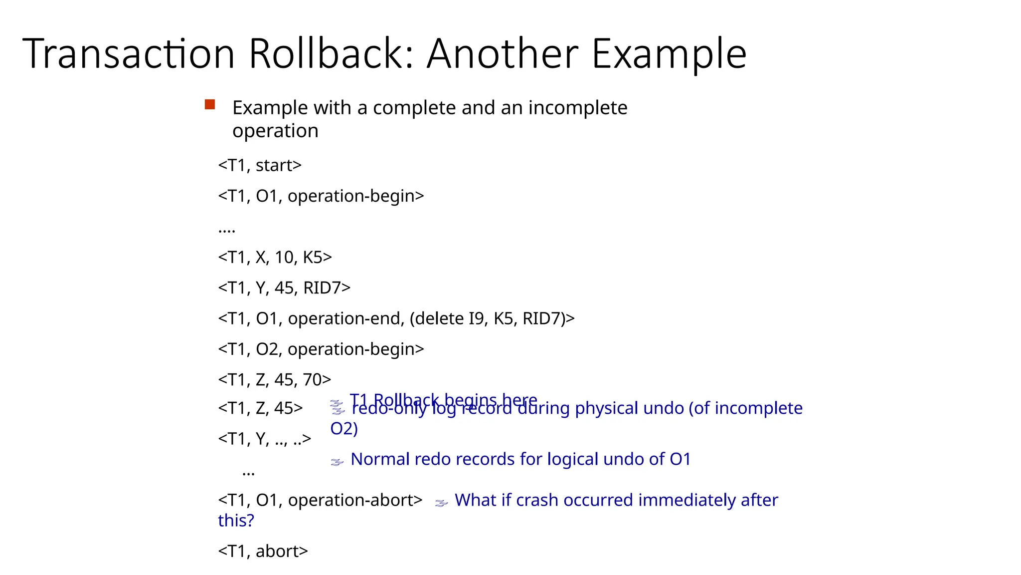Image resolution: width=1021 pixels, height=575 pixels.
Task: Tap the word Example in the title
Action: [669, 54]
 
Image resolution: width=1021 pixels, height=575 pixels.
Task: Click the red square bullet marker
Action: [210, 105]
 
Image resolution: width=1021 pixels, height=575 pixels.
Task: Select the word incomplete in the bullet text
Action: [578, 108]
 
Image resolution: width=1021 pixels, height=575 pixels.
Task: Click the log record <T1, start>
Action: [260, 165]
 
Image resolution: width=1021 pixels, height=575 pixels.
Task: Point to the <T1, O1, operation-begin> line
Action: [321, 196]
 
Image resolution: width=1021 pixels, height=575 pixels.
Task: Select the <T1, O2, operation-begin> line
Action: [321, 349]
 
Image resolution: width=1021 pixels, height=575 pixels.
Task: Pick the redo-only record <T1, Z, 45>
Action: [260, 408]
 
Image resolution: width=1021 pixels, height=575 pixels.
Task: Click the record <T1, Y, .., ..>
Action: [265, 439]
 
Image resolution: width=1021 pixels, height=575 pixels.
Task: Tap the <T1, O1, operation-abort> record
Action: [320, 500]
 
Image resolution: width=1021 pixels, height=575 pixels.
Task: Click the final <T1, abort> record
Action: [263, 551]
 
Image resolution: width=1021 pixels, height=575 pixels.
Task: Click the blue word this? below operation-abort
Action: [236, 521]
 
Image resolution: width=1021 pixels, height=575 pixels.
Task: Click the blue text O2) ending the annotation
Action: [344, 429]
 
